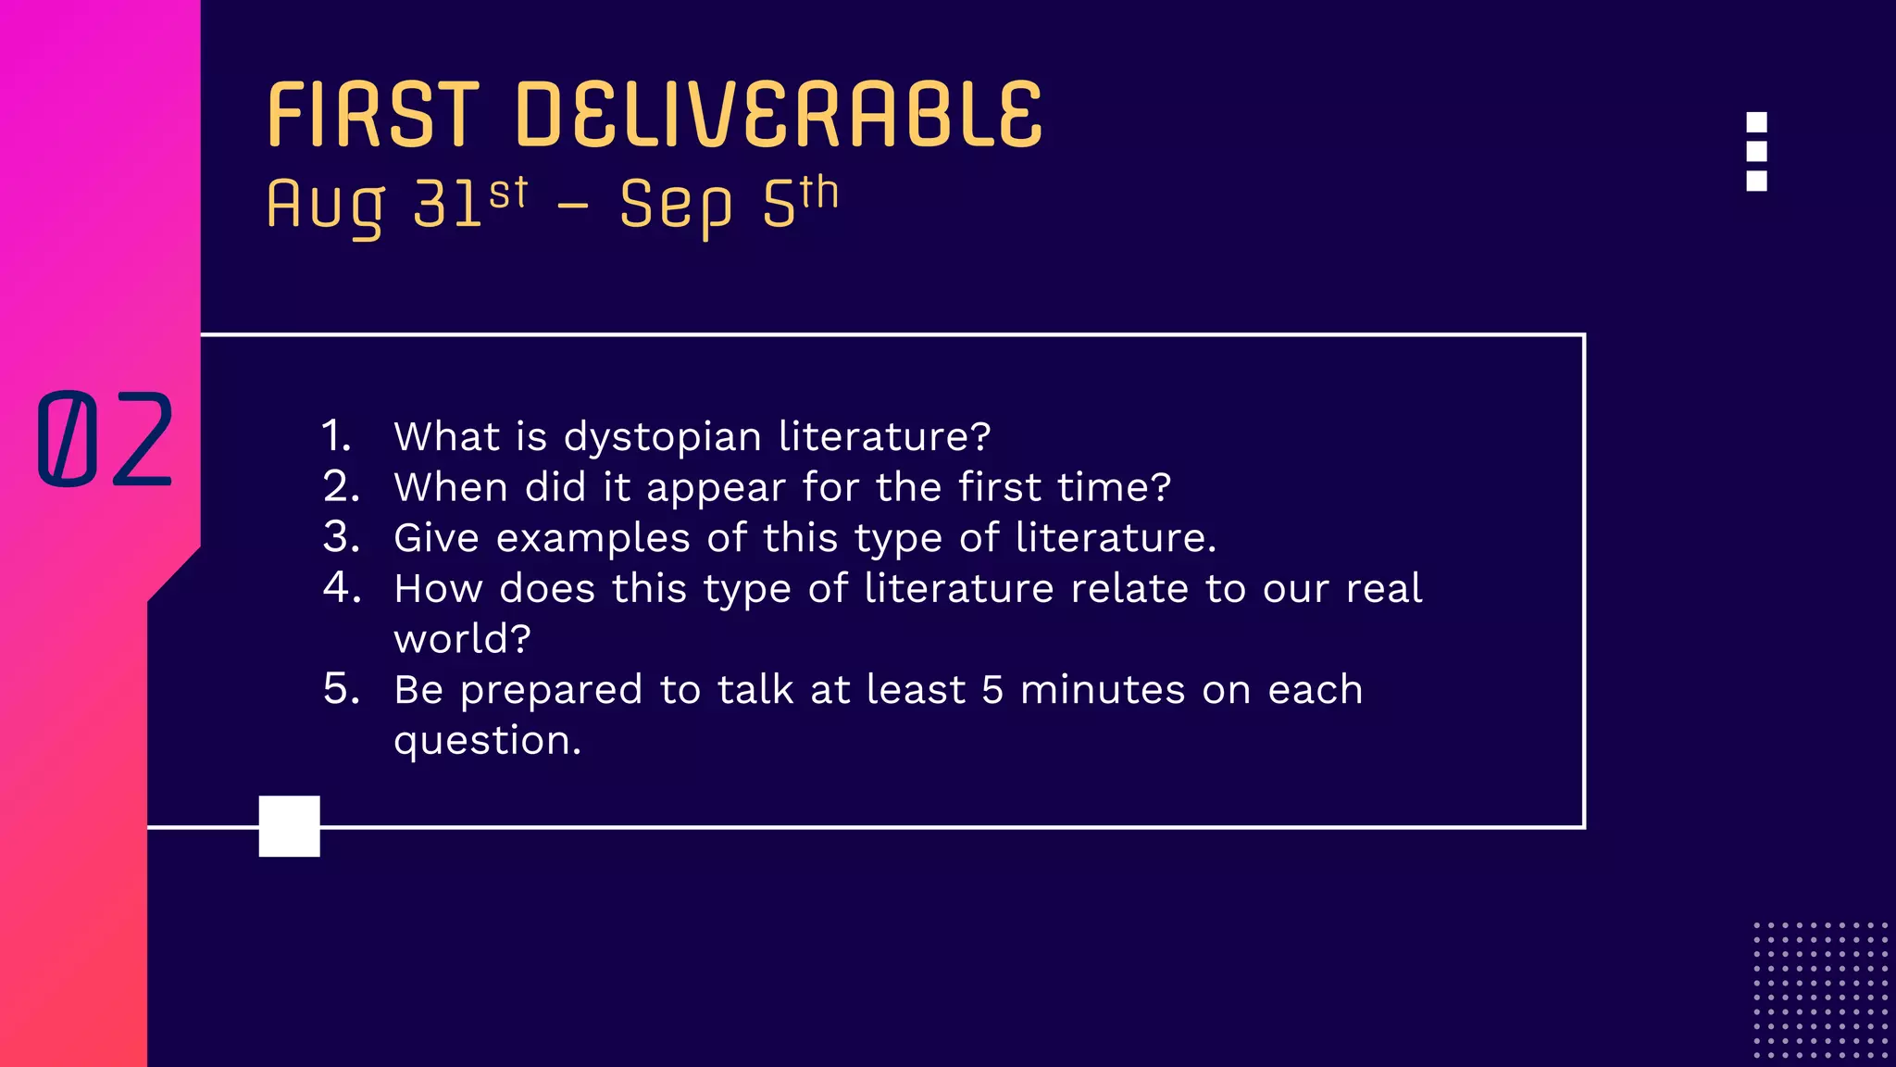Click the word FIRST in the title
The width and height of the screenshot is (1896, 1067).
click(373, 115)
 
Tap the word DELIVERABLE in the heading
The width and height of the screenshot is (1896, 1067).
click(779, 115)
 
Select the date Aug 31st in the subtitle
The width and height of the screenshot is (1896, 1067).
click(396, 204)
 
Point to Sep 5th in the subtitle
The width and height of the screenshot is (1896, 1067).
click(729, 204)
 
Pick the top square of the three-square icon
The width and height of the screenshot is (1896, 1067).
click(1756, 122)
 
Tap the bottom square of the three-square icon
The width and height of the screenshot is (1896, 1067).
click(1756, 181)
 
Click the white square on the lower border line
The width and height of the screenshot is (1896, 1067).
click(289, 826)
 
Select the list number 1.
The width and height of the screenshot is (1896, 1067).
click(336, 436)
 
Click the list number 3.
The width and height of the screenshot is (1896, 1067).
click(341, 537)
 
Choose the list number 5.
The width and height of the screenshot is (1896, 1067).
click(341, 689)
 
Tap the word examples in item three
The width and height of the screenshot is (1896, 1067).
click(592, 538)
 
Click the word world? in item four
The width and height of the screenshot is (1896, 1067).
click(462, 639)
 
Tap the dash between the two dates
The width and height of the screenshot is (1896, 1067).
click(573, 206)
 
